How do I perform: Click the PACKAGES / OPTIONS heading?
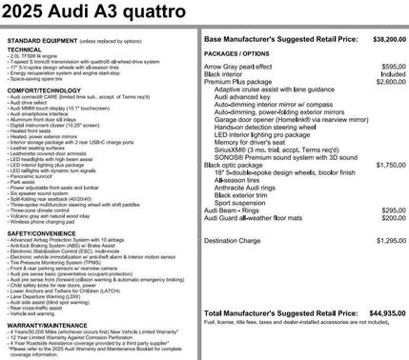click(239, 55)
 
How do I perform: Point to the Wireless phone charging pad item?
click(43, 221)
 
